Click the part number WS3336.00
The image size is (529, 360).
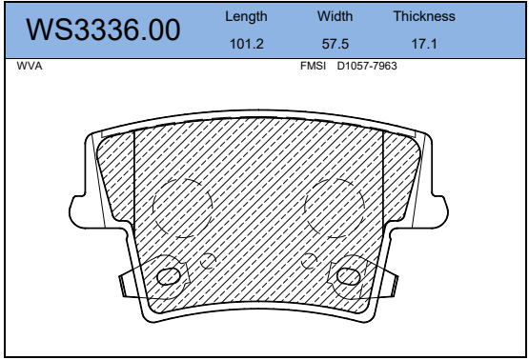click(103, 30)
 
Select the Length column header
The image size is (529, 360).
click(246, 16)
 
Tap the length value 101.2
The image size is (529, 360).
click(246, 44)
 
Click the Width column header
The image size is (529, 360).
click(335, 16)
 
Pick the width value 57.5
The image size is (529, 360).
click(335, 44)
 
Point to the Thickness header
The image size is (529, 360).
click(424, 16)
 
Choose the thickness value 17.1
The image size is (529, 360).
click(424, 44)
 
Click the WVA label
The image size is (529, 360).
click(30, 66)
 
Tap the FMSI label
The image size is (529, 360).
click(313, 66)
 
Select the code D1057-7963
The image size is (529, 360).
click(367, 66)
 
